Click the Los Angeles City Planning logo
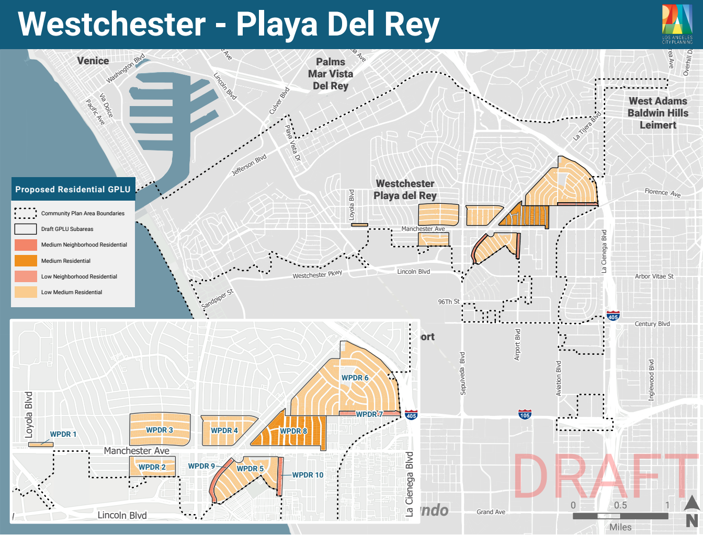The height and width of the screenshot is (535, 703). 677,24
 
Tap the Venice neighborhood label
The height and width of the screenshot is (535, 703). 93,61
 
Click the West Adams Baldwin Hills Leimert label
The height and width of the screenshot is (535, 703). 658,113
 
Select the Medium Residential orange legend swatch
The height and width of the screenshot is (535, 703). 26,261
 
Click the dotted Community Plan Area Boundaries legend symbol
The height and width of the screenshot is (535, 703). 26,213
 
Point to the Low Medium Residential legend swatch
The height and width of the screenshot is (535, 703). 26,292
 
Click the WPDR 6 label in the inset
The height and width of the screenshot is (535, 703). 355,378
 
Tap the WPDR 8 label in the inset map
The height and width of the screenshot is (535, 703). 293,431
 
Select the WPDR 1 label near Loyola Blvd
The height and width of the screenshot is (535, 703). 63,434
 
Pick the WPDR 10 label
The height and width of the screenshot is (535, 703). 308,475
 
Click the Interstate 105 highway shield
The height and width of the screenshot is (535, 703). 525,415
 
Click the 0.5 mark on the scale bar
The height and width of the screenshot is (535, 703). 620,505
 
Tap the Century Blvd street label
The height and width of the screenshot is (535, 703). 652,324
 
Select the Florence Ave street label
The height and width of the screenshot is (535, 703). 662,193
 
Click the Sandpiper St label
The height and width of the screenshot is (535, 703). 217,298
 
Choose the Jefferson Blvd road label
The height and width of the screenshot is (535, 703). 249,165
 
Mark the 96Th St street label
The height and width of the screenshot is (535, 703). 448,301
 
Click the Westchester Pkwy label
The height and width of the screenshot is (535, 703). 317,274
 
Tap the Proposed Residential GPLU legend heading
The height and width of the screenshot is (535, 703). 73,190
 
